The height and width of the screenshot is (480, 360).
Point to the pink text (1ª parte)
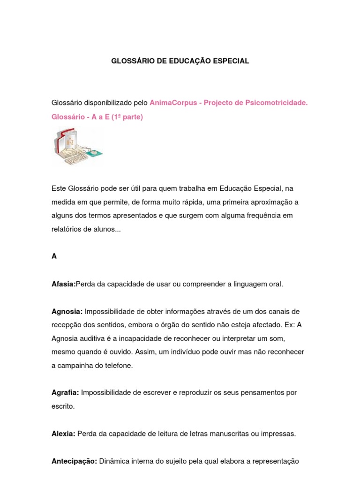(127, 117)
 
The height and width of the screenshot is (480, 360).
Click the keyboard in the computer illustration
(77, 158)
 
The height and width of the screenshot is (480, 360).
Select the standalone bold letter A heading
(54, 256)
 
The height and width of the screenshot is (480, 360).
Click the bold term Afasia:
(63, 284)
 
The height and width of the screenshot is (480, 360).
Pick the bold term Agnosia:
(67, 312)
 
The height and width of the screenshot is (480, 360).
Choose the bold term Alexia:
(63, 434)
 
